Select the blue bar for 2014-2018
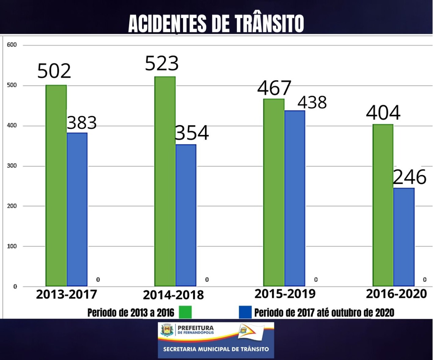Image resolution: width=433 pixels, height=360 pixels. pyautogui.click(x=186, y=215)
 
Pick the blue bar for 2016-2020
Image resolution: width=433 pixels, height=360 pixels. pyautogui.click(x=404, y=237)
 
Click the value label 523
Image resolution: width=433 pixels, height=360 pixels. pyautogui.click(x=162, y=63)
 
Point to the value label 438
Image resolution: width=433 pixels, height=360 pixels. pyautogui.click(x=312, y=102)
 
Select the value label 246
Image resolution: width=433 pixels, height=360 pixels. pyautogui.click(x=410, y=177)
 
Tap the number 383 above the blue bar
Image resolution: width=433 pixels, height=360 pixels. pyautogui.click(x=82, y=123)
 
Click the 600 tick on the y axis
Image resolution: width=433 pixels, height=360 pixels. pyautogui.click(x=12, y=45)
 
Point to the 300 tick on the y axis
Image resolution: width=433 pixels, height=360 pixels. pyautogui.click(x=12, y=166)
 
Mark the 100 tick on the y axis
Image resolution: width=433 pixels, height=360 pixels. pyautogui.click(x=12, y=246)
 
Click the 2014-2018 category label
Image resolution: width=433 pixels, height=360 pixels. pyautogui.click(x=173, y=295)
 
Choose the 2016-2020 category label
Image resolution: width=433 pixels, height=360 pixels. pyautogui.click(x=396, y=293)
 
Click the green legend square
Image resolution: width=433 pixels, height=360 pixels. pyautogui.click(x=185, y=312)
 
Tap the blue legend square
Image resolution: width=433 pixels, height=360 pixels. pyautogui.click(x=245, y=312)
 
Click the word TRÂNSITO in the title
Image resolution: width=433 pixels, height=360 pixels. pyautogui.click(x=269, y=24)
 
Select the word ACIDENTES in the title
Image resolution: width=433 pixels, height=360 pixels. pyautogui.click(x=167, y=24)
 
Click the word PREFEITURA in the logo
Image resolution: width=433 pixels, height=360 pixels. pyautogui.click(x=196, y=328)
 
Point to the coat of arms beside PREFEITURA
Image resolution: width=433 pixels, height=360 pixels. pyautogui.click(x=167, y=330)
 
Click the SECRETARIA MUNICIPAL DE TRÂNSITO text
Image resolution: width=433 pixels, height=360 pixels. pyautogui.click(x=216, y=349)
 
